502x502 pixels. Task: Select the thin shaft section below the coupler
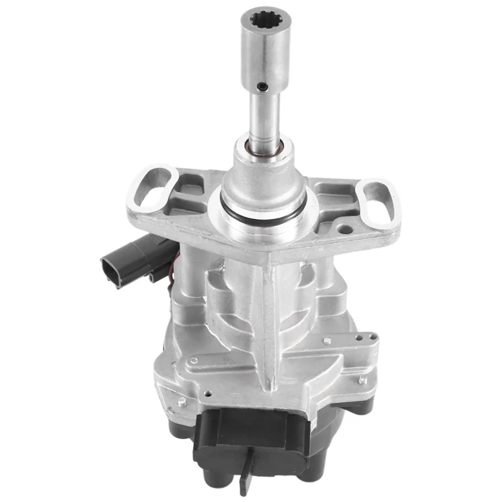tap(262, 119)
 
